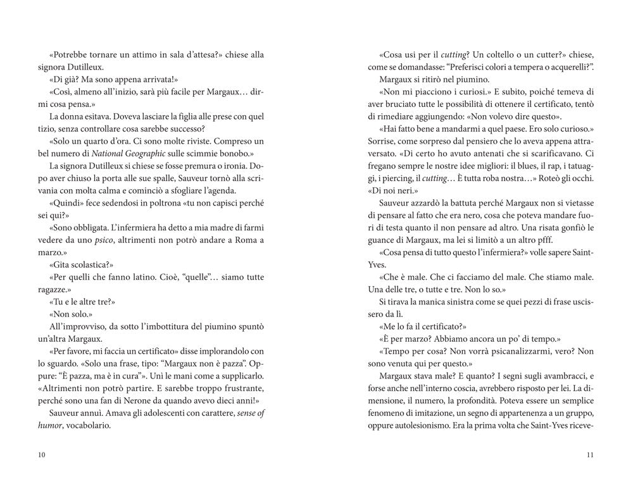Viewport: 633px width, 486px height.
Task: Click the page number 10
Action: [x=41, y=454]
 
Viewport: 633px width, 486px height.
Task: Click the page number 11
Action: [x=590, y=454]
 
